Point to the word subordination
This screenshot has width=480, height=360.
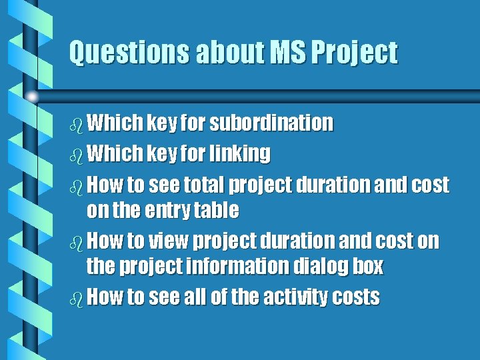pyautogui.click(x=271, y=123)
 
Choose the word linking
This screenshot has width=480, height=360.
pyautogui.click(x=240, y=154)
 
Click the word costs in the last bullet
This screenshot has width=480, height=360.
pyautogui.click(x=356, y=297)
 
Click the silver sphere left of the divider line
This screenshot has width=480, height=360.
pyautogui.click(x=31, y=97)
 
